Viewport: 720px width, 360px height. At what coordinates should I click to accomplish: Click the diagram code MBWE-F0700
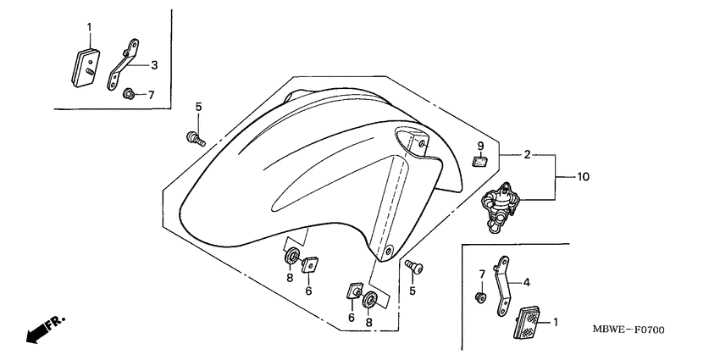point(629,330)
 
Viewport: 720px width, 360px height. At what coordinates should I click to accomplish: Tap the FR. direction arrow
point(45,329)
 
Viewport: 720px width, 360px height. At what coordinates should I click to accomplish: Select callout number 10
point(583,176)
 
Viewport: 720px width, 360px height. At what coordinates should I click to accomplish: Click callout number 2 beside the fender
point(527,155)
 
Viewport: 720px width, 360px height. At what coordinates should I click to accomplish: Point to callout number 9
point(480,146)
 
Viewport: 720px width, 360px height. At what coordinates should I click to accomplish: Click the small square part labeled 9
point(479,161)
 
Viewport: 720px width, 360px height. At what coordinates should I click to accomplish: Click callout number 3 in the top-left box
point(154,65)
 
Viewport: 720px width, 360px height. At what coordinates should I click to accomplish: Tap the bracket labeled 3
point(123,64)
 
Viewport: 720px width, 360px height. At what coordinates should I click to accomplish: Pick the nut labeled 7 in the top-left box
point(128,95)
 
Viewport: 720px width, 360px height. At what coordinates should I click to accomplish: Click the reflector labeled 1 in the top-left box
point(86,68)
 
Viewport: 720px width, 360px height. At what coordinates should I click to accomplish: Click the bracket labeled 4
point(502,286)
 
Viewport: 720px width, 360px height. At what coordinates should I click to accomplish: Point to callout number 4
point(527,283)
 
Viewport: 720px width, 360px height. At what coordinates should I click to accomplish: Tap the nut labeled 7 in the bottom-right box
point(480,297)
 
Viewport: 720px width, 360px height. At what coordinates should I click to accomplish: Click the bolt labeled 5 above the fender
point(196,138)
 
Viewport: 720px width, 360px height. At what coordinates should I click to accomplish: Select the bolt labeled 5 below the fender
point(414,267)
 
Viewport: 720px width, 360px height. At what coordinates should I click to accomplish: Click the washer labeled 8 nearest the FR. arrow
point(292,256)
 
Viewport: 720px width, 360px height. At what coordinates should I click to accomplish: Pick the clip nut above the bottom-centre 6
point(353,291)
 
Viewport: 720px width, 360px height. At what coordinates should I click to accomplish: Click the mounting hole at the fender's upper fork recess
point(422,145)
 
